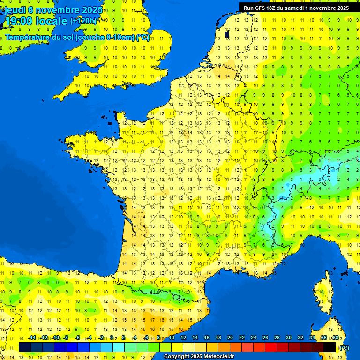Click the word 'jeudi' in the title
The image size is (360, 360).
pos(15,10)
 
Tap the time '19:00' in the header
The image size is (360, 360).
pos(19,21)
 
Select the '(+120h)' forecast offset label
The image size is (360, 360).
pos(83,21)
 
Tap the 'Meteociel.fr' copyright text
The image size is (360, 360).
pos(218,357)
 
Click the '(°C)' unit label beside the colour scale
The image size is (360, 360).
pos(344,348)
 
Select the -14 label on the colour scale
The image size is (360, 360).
pos(32,338)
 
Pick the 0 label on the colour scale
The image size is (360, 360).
pos(111,338)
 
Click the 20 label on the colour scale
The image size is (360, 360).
pos(230,338)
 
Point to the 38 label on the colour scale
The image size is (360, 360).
pos(336,338)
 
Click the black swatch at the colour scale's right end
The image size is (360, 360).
pos(330,347)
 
